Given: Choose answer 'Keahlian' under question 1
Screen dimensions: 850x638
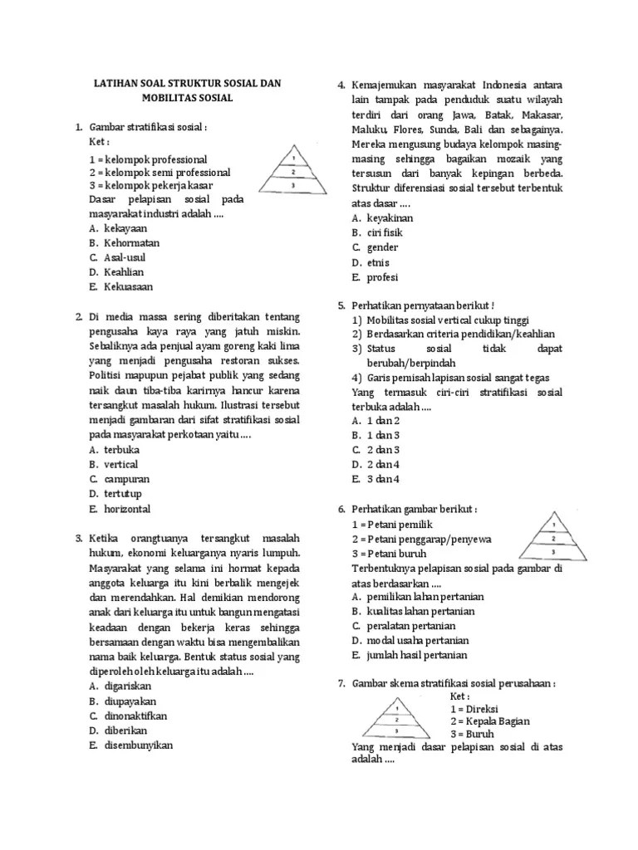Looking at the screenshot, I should pyautogui.click(x=124, y=272).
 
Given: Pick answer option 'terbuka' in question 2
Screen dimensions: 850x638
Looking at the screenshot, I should pyautogui.click(x=122, y=449).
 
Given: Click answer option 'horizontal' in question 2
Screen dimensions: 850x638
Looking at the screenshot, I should pyautogui.click(x=128, y=509).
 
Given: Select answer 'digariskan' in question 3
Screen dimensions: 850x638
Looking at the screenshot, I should pyautogui.click(x=128, y=686).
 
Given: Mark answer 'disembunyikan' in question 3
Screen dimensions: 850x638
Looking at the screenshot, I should pyautogui.click(x=138, y=745).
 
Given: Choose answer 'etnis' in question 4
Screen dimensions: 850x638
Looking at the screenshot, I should pyautogui.click(x=378, y=262).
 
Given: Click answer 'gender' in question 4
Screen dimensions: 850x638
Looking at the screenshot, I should pyautogui.click(x=381, y=247).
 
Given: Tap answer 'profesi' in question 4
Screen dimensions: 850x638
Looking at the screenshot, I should pyautogui.click(x=381, y=277).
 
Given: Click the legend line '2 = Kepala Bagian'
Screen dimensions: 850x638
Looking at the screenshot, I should pyautogui.click(x=490, y=721).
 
